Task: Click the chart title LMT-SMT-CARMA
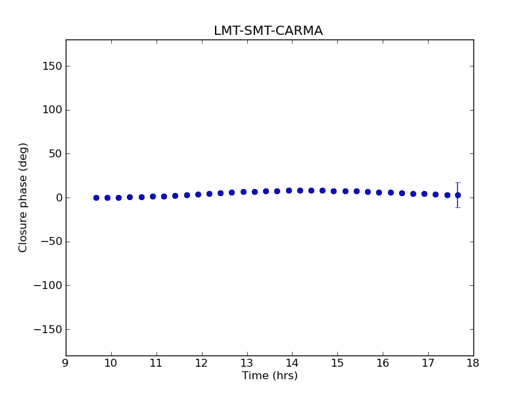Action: point(268,31)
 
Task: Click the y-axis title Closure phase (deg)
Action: point(24,197)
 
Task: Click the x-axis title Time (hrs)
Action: point(270,376)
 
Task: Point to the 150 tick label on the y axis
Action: point(52,66)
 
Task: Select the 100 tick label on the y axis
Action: point(52,110)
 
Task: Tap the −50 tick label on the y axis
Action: point(49,242)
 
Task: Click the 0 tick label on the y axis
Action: point(59,197)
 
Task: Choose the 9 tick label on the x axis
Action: point(66,363)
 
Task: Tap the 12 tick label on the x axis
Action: point(201,363)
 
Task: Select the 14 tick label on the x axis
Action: point(292,363)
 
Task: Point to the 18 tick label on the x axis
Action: point(473,363)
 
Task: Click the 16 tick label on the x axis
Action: point(383,363)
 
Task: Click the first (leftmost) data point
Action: point(96,197)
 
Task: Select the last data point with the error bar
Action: point(458,195)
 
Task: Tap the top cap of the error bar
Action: point(458,182)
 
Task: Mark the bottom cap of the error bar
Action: point(458,207)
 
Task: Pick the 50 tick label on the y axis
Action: point(55,153)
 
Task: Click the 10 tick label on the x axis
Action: point(110,363)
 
